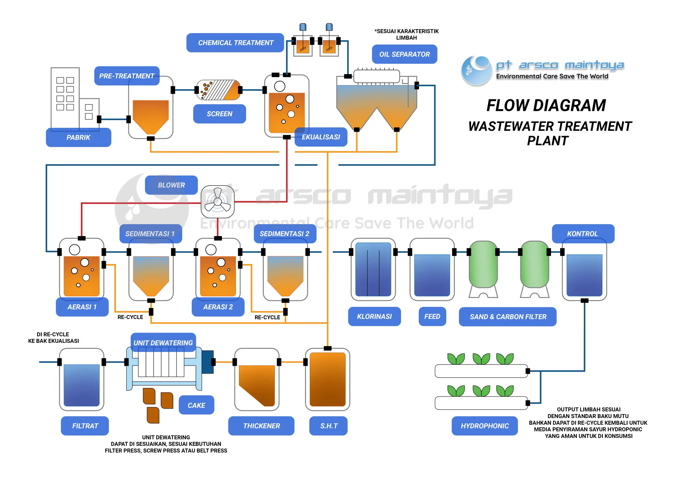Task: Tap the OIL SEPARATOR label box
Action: point(404,54)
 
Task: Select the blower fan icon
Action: point(218,201)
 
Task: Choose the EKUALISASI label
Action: point(321,137)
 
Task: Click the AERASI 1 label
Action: point(82,307)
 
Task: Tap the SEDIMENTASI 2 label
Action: point(285,233)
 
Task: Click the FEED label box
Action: point(432,316)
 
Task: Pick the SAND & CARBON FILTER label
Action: point(508,317)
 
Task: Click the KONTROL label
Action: point(583,233)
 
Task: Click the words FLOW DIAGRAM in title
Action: point(546,105)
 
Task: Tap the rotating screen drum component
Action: point(218,90)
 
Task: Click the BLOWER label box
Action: point(171,185)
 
